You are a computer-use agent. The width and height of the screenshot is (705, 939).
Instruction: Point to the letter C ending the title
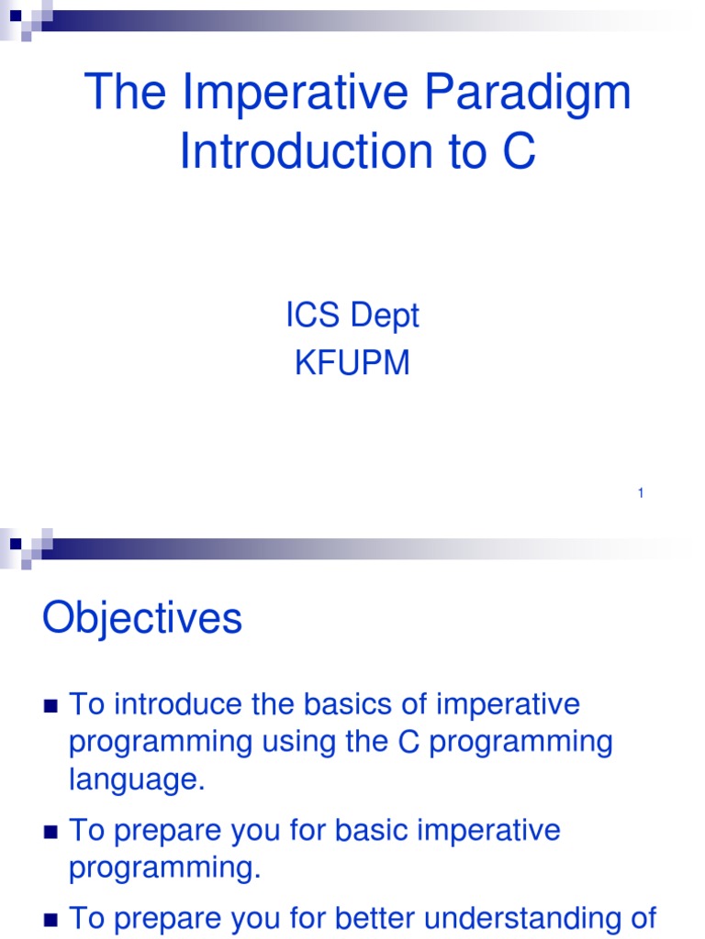click(518, 152)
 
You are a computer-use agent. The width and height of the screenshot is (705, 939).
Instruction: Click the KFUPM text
click(352, 364)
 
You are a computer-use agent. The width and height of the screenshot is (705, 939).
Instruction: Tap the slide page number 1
click(641, 494)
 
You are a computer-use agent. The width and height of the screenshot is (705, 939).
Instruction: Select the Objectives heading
click(142, 619)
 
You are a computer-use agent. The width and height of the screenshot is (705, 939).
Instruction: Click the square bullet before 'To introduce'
click(51, 706)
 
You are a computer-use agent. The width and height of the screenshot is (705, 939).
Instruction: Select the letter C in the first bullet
click(409, 742)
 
